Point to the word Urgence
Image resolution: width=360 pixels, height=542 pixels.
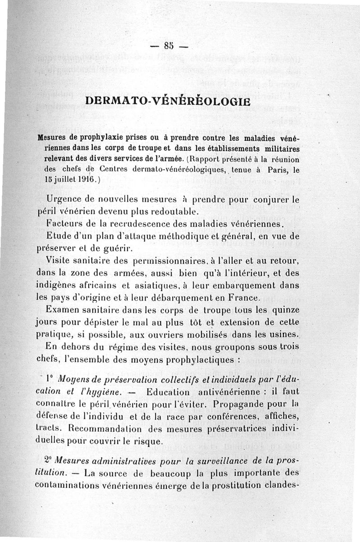[x=68, y=199]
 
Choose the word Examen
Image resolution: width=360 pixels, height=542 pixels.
[x=66, y=310]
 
